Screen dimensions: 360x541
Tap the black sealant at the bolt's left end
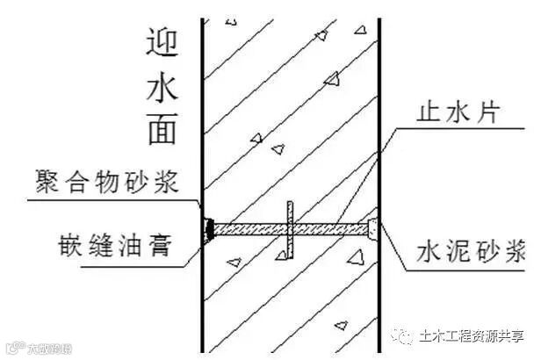point(211,229)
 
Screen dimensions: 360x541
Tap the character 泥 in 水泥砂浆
point(451,253)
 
